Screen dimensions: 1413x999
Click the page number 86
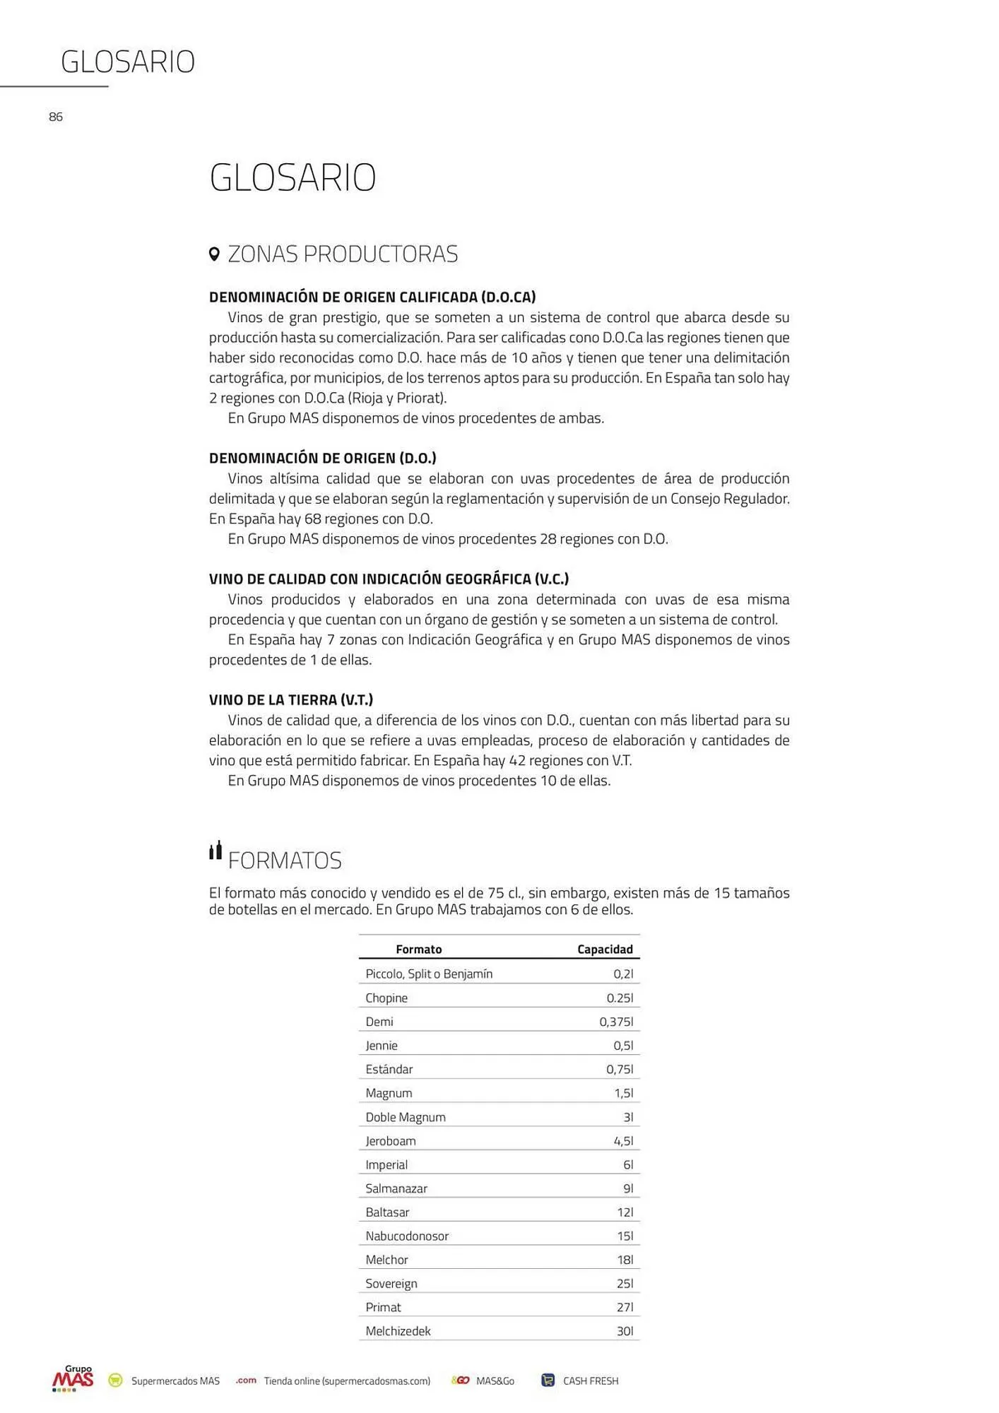point(56,117)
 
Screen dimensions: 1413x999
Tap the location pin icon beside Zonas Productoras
point(215,254)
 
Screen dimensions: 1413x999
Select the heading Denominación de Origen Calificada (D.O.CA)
point(372,297)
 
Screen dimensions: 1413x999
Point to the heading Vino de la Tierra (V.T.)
point(291,700)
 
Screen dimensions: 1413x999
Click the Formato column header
point(418,950)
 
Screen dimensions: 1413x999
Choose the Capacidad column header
point(605,950)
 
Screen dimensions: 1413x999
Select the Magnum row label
point(389,1093)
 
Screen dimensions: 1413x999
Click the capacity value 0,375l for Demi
point(616,1022)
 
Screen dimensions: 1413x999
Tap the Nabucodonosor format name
point(407,1236)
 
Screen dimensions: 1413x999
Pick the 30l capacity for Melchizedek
point(625,1331)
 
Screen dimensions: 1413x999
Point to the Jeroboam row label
point(391,1141)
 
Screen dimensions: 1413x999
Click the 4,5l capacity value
point(623,1141)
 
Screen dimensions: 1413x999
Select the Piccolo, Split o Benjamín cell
point(429,974)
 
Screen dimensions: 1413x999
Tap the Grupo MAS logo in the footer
point(73,1379)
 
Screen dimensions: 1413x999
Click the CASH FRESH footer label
point(590,1381)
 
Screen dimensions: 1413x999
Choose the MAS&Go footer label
point(495,1381)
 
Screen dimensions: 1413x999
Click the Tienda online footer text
point(347,1381)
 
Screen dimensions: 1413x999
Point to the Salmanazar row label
point(396,1188)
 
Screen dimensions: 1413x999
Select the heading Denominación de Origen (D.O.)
point(323,459)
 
